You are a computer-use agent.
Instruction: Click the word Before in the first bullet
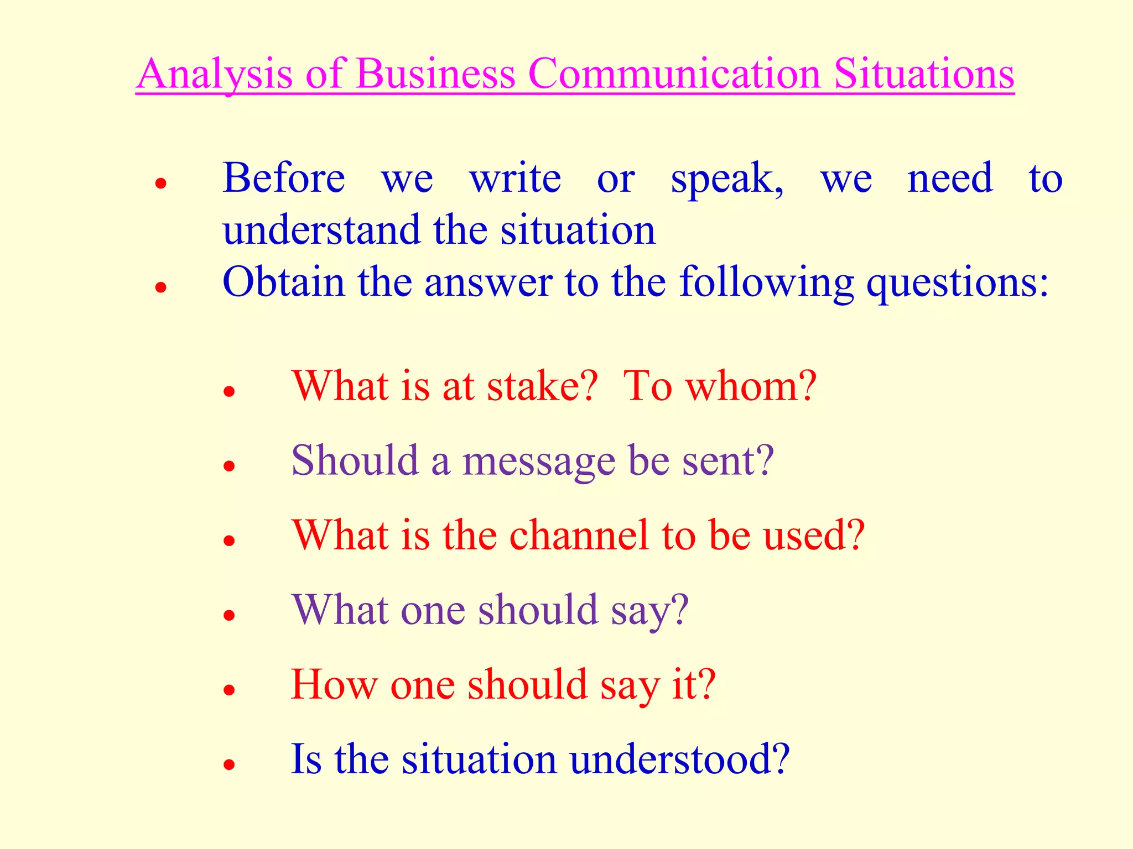(x=284, y=178)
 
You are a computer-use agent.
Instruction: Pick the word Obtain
(x=284, y=282)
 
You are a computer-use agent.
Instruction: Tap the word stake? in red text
(x=543, y=385)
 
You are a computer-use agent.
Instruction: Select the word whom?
(x=751, y=385)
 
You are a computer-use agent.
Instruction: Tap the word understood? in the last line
(x=679, y=759)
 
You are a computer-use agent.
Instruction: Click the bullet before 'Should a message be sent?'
(x=230, y=466)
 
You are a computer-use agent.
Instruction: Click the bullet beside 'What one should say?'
(x=230, y=615)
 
